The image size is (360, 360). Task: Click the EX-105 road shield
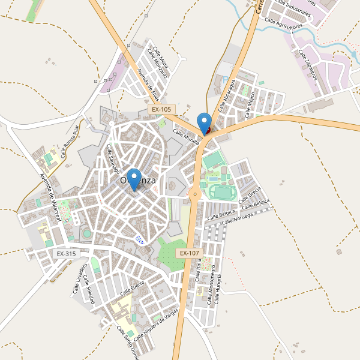point(161,110)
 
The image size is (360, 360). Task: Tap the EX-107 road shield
point(188,253)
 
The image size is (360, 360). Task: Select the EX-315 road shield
point(67,254)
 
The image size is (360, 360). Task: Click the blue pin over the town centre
point(133,179)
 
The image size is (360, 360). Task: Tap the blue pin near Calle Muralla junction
point(205,123)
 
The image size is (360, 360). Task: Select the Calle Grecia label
point(250,196)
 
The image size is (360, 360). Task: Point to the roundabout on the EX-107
point(193,193)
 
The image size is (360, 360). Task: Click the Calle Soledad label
point(90,289)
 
